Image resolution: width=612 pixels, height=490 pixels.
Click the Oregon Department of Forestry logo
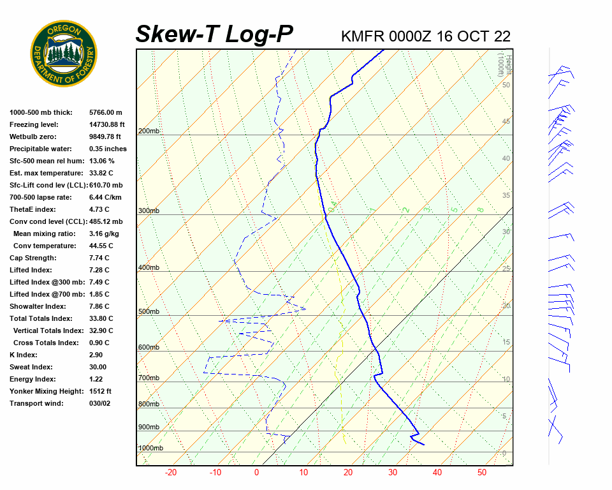(64, 53)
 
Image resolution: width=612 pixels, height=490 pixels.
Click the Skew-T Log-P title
(214, 34)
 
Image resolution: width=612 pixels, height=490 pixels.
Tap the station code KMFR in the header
(361, 36)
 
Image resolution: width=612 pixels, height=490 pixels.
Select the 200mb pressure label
(149, 131)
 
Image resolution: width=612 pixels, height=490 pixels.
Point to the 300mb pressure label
(149, 211)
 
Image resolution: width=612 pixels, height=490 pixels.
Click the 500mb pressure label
(149, 312)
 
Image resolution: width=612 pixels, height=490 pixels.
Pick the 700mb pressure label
(149, 378)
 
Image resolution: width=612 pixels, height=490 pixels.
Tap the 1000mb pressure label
(151, 449)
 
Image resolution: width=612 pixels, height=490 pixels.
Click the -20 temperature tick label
(171, 473)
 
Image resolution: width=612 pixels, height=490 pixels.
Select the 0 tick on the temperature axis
(256, 473)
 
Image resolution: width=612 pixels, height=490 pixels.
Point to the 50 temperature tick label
(482, 473)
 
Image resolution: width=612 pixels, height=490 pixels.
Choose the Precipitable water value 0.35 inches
(108, 149)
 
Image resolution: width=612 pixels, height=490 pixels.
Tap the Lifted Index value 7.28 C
(99, 270)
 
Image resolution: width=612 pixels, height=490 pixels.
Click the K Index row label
(24, 355)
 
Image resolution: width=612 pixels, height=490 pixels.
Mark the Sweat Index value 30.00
(98, 367)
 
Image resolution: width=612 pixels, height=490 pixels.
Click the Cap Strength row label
(33, 258)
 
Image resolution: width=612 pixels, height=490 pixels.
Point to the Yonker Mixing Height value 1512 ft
(100, 391)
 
